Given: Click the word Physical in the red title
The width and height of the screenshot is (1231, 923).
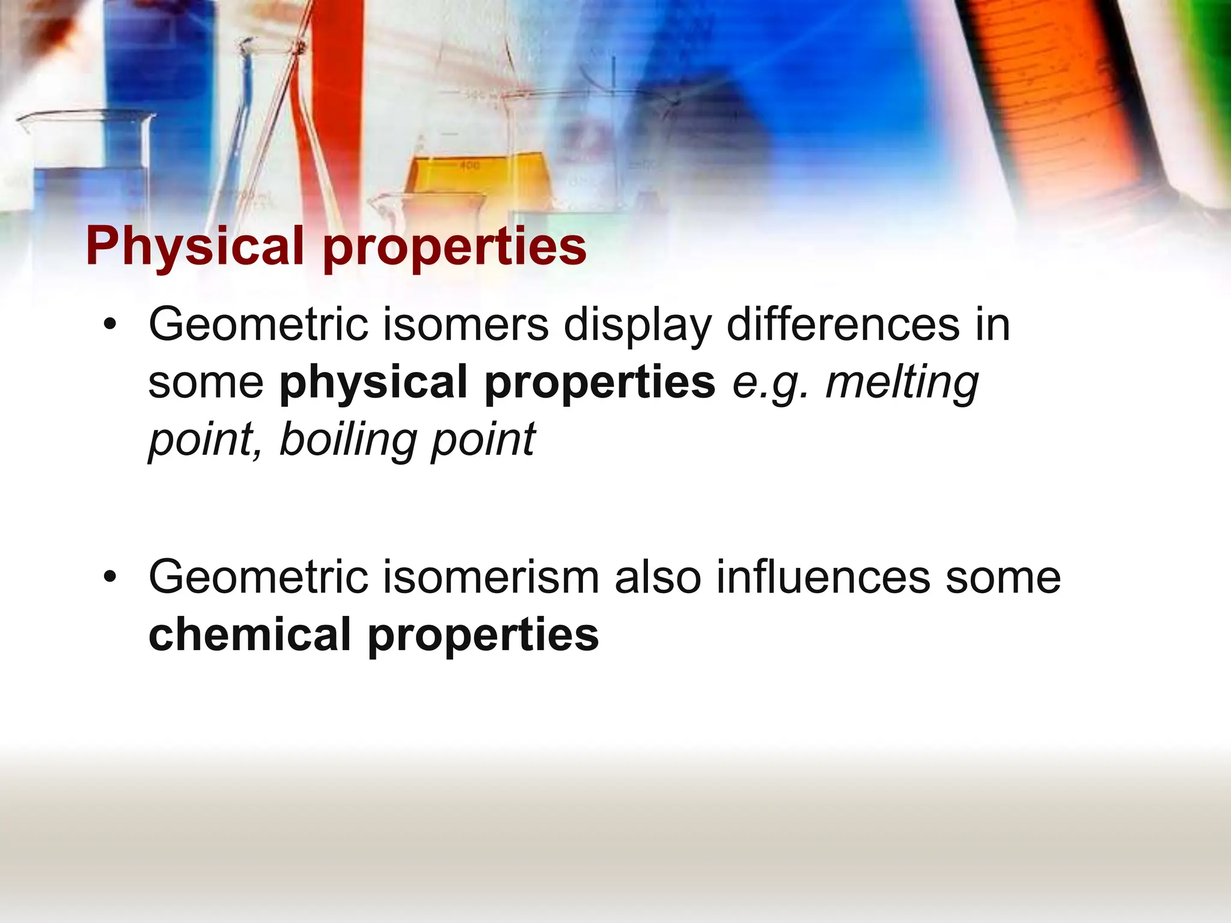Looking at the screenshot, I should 195,246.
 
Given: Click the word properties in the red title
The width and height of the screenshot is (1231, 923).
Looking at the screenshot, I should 454,248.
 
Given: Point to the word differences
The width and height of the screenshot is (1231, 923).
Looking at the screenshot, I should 843,325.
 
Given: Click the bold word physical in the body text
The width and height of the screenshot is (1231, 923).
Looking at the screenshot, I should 373,383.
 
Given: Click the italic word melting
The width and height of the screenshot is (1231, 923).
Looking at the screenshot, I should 902,383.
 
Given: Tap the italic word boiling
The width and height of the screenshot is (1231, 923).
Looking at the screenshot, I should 348,440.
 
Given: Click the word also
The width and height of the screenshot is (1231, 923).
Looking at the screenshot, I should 658,577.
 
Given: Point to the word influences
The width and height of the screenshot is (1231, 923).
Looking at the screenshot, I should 823,577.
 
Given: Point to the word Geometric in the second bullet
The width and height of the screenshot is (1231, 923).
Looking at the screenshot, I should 258,577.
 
